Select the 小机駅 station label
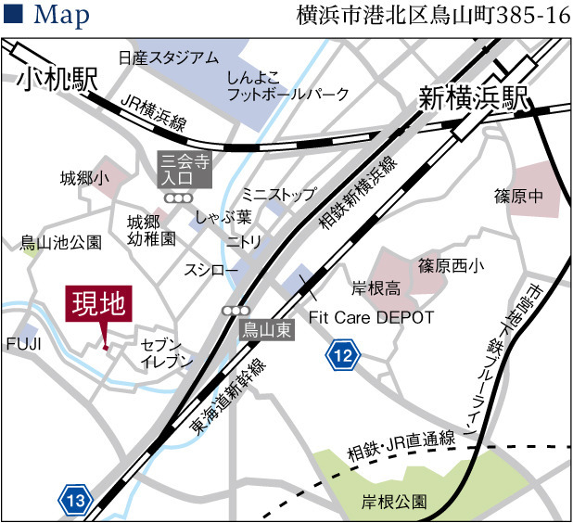point(57,80)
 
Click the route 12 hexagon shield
point(343,354)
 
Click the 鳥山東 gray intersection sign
point(266,329)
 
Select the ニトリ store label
point(245,241)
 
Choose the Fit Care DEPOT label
point(371,317)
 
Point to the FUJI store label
point(24,344)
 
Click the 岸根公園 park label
point(395,502)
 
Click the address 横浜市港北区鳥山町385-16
point(432,16)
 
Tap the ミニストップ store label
point(279,194)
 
